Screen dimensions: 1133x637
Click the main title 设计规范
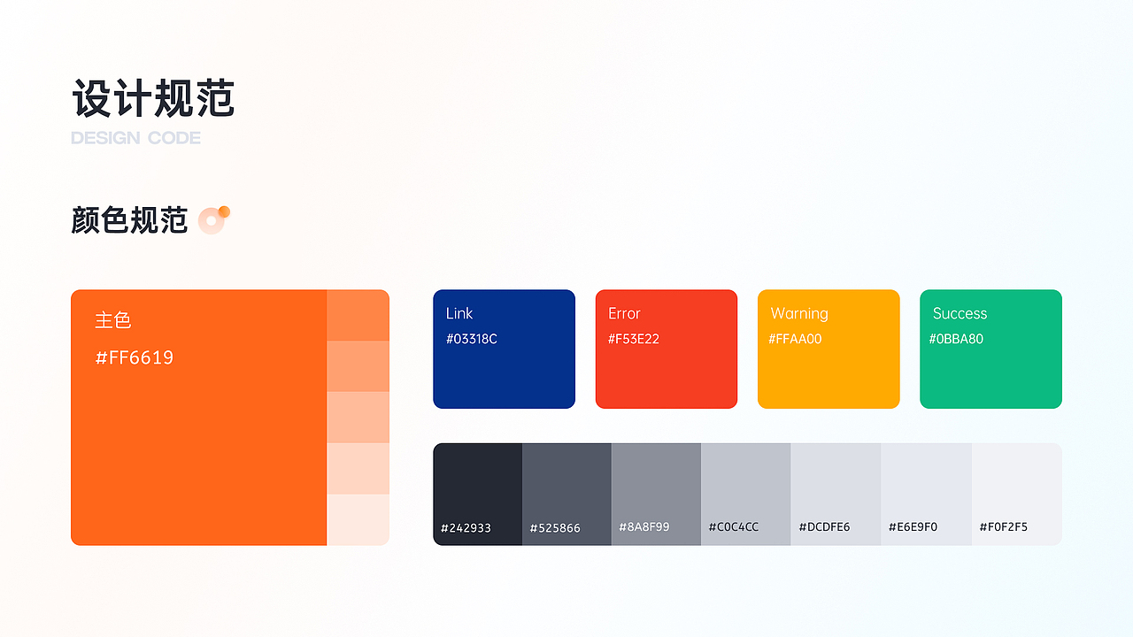point(153,98)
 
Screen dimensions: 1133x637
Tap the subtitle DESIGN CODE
point(135,138)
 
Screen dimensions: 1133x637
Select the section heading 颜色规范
point(129,220)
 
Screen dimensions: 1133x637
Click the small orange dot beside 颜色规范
point(224,211)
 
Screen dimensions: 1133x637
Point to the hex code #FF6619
point(134,358)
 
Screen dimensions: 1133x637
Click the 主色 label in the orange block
point(112,320)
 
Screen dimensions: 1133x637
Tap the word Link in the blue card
point(459,313)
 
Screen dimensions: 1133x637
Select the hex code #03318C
point(472,339)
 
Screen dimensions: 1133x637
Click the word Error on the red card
point(624,313)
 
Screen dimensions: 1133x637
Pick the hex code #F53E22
point(633,339)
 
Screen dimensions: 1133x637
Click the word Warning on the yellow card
point(799,314)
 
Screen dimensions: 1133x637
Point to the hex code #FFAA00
point(795,339)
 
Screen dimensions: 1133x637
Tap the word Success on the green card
point(960,313)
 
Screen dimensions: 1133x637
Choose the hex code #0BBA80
point(956,339)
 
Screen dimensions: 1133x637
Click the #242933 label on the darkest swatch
point(466,528)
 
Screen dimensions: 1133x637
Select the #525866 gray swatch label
point(555,528)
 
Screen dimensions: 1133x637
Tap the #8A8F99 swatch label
point(644,527)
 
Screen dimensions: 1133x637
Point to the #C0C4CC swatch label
point(734,527)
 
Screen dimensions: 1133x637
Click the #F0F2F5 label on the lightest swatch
point(1004,527)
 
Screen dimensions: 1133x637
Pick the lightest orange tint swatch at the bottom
point(358,519)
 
